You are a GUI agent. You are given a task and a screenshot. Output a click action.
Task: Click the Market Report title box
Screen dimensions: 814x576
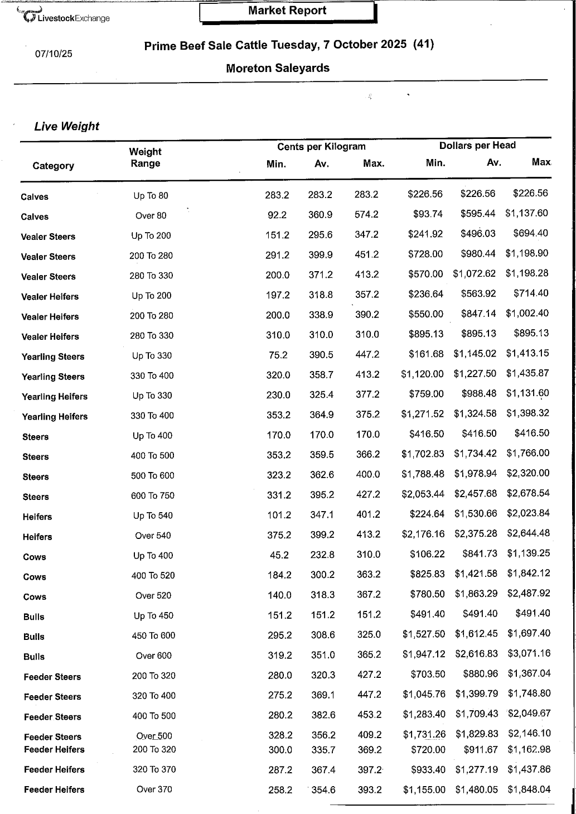tap(287, 11)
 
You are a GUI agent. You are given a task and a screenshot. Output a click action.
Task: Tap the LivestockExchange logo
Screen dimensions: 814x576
tap(64, 16)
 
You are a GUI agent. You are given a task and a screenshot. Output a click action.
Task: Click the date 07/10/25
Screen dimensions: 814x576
tap(54, 54)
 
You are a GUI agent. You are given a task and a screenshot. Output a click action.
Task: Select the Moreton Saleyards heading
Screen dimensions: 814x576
tap(278, 69)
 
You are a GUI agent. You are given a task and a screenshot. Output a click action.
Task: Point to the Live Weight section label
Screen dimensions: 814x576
tap(66, 127)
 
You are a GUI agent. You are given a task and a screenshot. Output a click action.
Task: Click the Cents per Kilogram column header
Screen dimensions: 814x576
tap(321, 147)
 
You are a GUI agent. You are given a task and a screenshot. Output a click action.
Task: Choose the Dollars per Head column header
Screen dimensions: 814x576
tap(477, 146)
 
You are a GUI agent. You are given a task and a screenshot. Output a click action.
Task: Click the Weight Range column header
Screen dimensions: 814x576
tap(145, 157)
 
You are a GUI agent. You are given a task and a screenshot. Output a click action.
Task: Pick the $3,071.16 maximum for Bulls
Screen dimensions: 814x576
tap(529, 653)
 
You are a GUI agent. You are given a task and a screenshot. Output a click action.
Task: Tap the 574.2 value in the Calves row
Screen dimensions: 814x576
tap(366, 214)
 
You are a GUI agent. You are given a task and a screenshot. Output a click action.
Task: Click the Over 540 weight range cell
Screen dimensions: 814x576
tap(153, 536)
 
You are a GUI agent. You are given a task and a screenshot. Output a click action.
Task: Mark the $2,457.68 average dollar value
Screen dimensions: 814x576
tap(476, 494)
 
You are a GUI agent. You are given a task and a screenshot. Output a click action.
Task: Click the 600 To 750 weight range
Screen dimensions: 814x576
tap(152, 495)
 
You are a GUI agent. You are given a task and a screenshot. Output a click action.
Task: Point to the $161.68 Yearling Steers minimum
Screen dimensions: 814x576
tap(426, 354)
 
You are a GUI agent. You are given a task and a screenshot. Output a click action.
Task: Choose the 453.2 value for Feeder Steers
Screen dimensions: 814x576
tap(369, 715)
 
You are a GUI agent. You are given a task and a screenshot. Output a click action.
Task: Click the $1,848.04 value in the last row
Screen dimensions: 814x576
tap(529, 789)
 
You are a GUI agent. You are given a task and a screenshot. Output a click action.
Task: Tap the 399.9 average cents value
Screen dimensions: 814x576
tap(321, 254)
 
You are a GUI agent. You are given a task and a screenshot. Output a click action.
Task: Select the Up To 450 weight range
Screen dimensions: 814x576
tap(153, 616)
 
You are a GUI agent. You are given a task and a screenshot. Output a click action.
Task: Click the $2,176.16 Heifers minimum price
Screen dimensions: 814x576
tap(423, 534)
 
